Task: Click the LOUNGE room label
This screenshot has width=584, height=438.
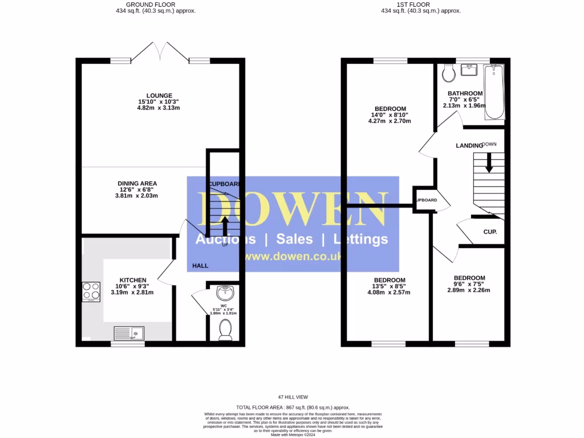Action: tap(159, 95)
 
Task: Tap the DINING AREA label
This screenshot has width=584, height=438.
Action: tap(137, 183)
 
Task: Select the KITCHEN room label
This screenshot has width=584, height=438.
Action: tap(132, 280)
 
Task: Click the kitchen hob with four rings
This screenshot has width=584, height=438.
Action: tap(91, 291)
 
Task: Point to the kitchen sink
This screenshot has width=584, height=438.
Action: tap(129, 332)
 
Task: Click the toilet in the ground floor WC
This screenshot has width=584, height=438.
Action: tap(225, 330)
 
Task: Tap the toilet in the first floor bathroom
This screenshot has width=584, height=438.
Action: tap(448, 72)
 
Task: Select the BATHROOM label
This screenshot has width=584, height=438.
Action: tap(465, 94)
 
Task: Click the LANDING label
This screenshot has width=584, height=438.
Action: tap(469, 146)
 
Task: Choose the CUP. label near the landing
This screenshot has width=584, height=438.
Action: tap(490, 232)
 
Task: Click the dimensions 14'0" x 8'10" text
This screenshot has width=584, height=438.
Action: tap(390, 115)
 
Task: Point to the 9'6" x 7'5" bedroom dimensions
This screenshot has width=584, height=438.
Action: tap(469, 284)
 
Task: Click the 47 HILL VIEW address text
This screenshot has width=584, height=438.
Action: tap(293, 397)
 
